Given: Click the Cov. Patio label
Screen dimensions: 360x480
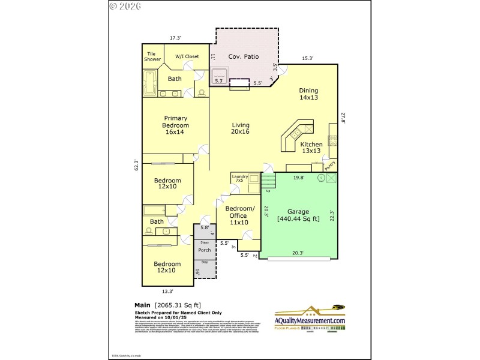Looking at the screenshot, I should pyautogui.click(x=243, y=56).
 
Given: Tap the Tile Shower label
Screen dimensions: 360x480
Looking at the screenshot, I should pyautogui.click(x=153, y=57).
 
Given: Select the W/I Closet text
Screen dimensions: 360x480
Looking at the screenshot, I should pyautogui.click(x=187, y=56).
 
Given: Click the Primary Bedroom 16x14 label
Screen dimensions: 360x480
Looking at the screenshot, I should pyautogui.click(x=176, y=125).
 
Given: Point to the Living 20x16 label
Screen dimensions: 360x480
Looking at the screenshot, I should pyautogui.click(x=241, y=128).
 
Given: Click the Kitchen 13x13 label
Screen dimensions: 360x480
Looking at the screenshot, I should pyautogui.click(x=311, y=148).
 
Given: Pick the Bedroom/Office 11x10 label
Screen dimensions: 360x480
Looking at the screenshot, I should pyautogui.click(x=239, y=216).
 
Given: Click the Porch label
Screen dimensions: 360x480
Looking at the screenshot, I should pyautogui.click(x=204, y=250).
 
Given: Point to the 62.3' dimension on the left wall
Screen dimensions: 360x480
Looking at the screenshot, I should pyautogui.click(x=136, y=165).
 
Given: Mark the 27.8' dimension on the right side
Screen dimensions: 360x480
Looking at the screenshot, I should pyautogui.click(x=344, y=119).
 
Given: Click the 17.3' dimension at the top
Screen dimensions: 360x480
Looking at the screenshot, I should pyautogui.click(x=175, y=38).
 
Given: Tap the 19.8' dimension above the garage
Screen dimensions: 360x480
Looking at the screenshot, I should pyautogui.click(x=299, y=178).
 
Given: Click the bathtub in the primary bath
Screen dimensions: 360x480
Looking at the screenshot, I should pyautogui.click(x=149, y=82).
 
